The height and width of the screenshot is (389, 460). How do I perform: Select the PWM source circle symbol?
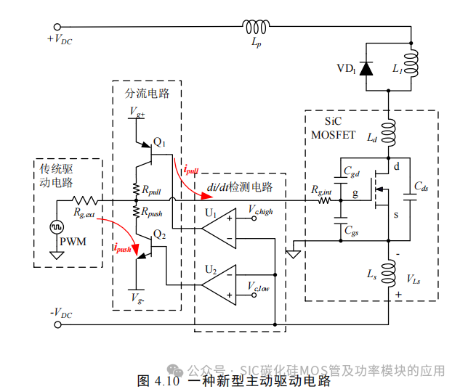pos(56,227)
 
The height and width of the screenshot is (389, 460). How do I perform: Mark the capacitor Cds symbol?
pos(407,200)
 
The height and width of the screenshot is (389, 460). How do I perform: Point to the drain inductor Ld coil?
pos(390,133)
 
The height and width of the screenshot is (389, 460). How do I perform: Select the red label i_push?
pos(122,248)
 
